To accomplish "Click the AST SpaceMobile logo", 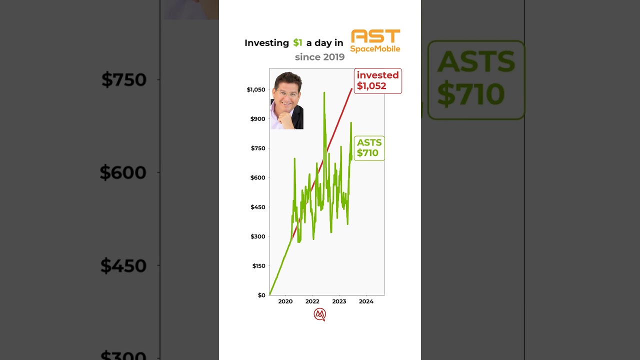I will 375,41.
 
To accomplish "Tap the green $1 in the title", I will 297,43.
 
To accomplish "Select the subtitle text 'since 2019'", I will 319,57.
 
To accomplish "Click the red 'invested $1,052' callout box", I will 377,81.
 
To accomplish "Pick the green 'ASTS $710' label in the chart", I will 369,148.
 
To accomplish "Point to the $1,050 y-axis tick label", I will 256,89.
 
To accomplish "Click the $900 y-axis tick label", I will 258,119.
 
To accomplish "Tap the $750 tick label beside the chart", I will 258,148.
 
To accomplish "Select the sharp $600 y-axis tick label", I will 258,177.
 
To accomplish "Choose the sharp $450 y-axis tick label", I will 258,207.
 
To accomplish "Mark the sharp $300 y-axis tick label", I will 258,236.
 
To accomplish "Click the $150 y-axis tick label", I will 258,266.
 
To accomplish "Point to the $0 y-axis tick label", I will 261,295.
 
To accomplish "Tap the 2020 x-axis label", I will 285,301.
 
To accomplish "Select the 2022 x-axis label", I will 312,301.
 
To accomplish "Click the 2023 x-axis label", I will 339,301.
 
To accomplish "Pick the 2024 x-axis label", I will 366,301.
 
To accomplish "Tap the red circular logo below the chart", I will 319,314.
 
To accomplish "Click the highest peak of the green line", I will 324,93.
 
